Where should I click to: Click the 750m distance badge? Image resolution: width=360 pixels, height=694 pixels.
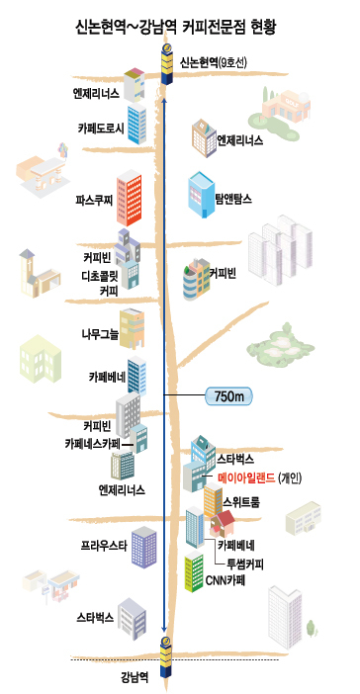(x=228, y=396)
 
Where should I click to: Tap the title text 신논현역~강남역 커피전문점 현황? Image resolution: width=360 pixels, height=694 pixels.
(x=176, y=27)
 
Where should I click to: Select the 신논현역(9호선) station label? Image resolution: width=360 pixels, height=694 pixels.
(x=213, y=63)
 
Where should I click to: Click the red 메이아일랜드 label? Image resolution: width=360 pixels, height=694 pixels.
(x=246, y=477)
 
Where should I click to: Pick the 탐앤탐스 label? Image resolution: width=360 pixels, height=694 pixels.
(x=233, y=199)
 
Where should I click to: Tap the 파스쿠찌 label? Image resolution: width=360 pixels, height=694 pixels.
(x=94, y=200)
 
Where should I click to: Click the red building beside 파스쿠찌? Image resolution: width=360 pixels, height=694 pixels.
(x=130, y=198)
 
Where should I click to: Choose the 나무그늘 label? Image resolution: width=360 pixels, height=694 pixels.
(x=100, y=334)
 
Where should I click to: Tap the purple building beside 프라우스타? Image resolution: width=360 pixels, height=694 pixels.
(x=144, y=547)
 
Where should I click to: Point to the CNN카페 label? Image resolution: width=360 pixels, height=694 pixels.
(x=225, y=580)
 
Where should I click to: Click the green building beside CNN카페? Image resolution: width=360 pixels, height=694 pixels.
(x=194, y=571)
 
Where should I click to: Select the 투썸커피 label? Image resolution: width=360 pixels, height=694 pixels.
(x=245, y=564)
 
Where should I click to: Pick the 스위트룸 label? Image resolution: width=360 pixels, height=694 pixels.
(x=241, y=503)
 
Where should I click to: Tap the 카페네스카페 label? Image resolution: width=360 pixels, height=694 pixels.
(x=93, y=443)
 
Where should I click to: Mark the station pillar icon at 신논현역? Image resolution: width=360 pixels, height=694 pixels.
(x=167, y=63)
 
